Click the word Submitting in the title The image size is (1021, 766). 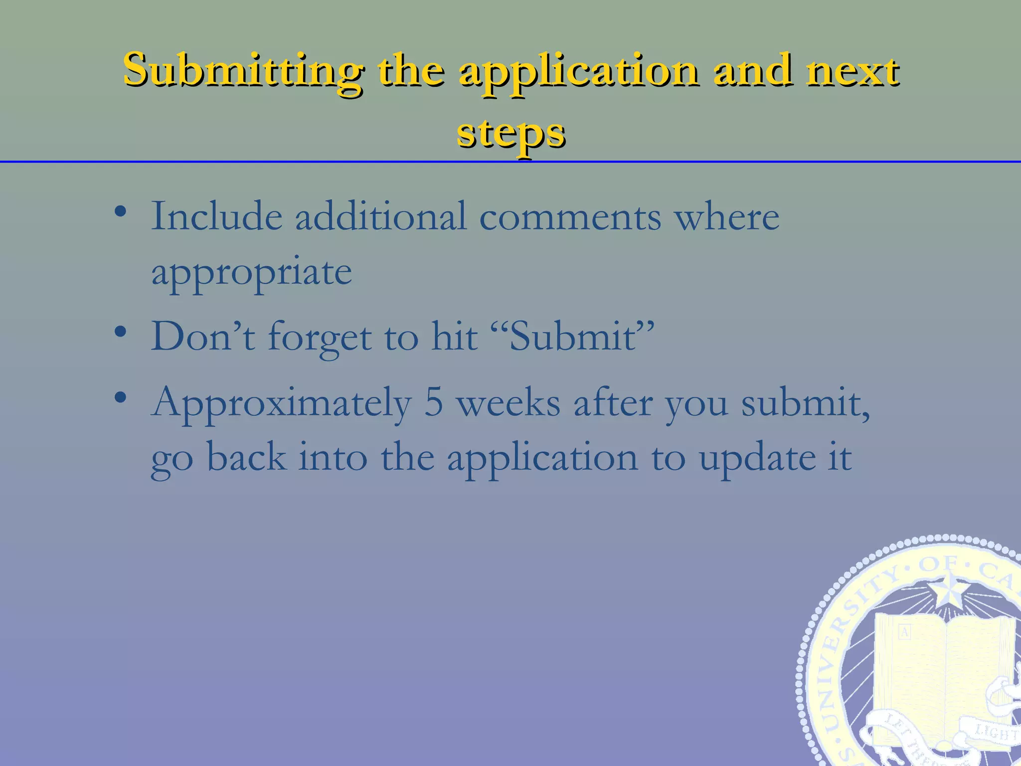[243, 71]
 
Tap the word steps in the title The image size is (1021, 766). [511, 133]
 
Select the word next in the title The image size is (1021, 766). [853, 71]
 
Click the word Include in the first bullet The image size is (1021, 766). [217, 216]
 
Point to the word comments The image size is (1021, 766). [570, 217]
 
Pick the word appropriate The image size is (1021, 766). [251, 272]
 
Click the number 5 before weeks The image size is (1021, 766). [433, 403]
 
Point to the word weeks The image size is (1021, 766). [509, 403]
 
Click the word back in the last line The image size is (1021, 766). [247, 457]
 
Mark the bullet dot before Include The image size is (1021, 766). [120, 212]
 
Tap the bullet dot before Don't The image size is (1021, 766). [120, 332]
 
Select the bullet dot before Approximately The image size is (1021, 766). [120, 398]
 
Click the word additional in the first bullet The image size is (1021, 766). [381, 216]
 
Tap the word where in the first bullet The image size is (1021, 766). [727, 217]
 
